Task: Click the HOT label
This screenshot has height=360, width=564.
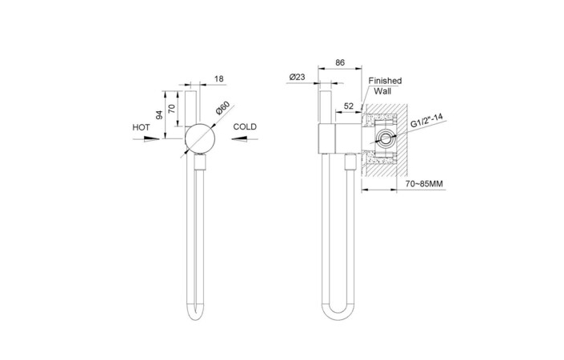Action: (141, 127)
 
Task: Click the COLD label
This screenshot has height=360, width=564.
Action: (245, 126)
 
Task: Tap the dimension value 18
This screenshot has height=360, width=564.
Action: (218, 78)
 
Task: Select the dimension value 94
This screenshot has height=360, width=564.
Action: (159, 114)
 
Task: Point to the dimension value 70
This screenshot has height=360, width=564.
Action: (171, 108)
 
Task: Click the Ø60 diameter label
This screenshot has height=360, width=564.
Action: (222, 108)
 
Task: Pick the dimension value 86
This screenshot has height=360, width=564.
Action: (340, 62)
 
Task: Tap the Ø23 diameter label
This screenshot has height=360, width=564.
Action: (297, 77)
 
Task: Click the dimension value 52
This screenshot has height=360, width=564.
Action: (349, 106)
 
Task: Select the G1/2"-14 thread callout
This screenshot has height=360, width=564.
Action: (426, 121)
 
